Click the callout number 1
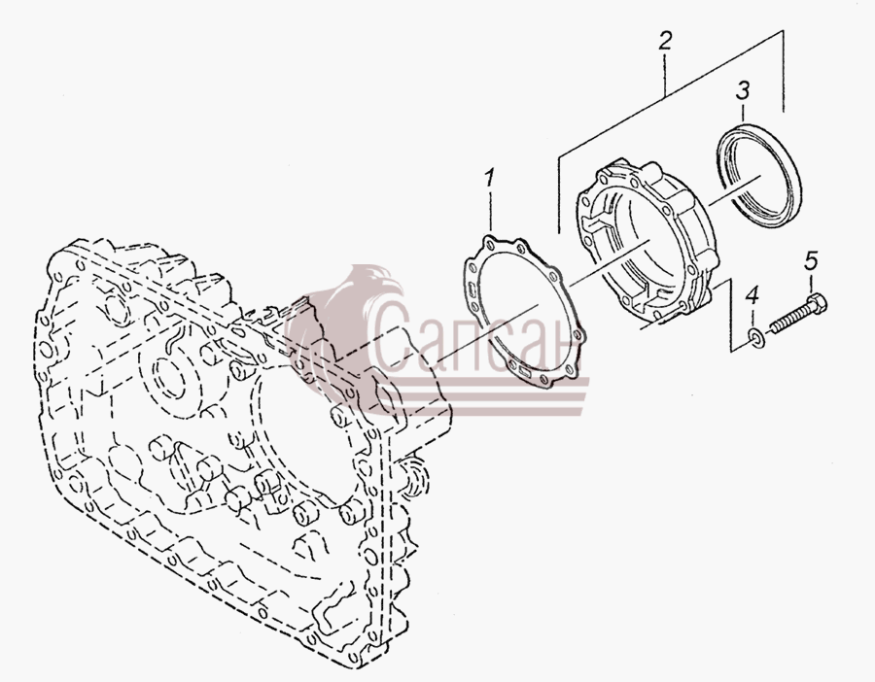pyautogui.click(x=489, y=179)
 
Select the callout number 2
pyautogui.click(x=664, y=41)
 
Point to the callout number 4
pyautogui.click(x=752, y=295)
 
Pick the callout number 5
pyautogui.click(x=811, y=260)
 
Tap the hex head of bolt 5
pyautogui.click(x=817, y=303)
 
